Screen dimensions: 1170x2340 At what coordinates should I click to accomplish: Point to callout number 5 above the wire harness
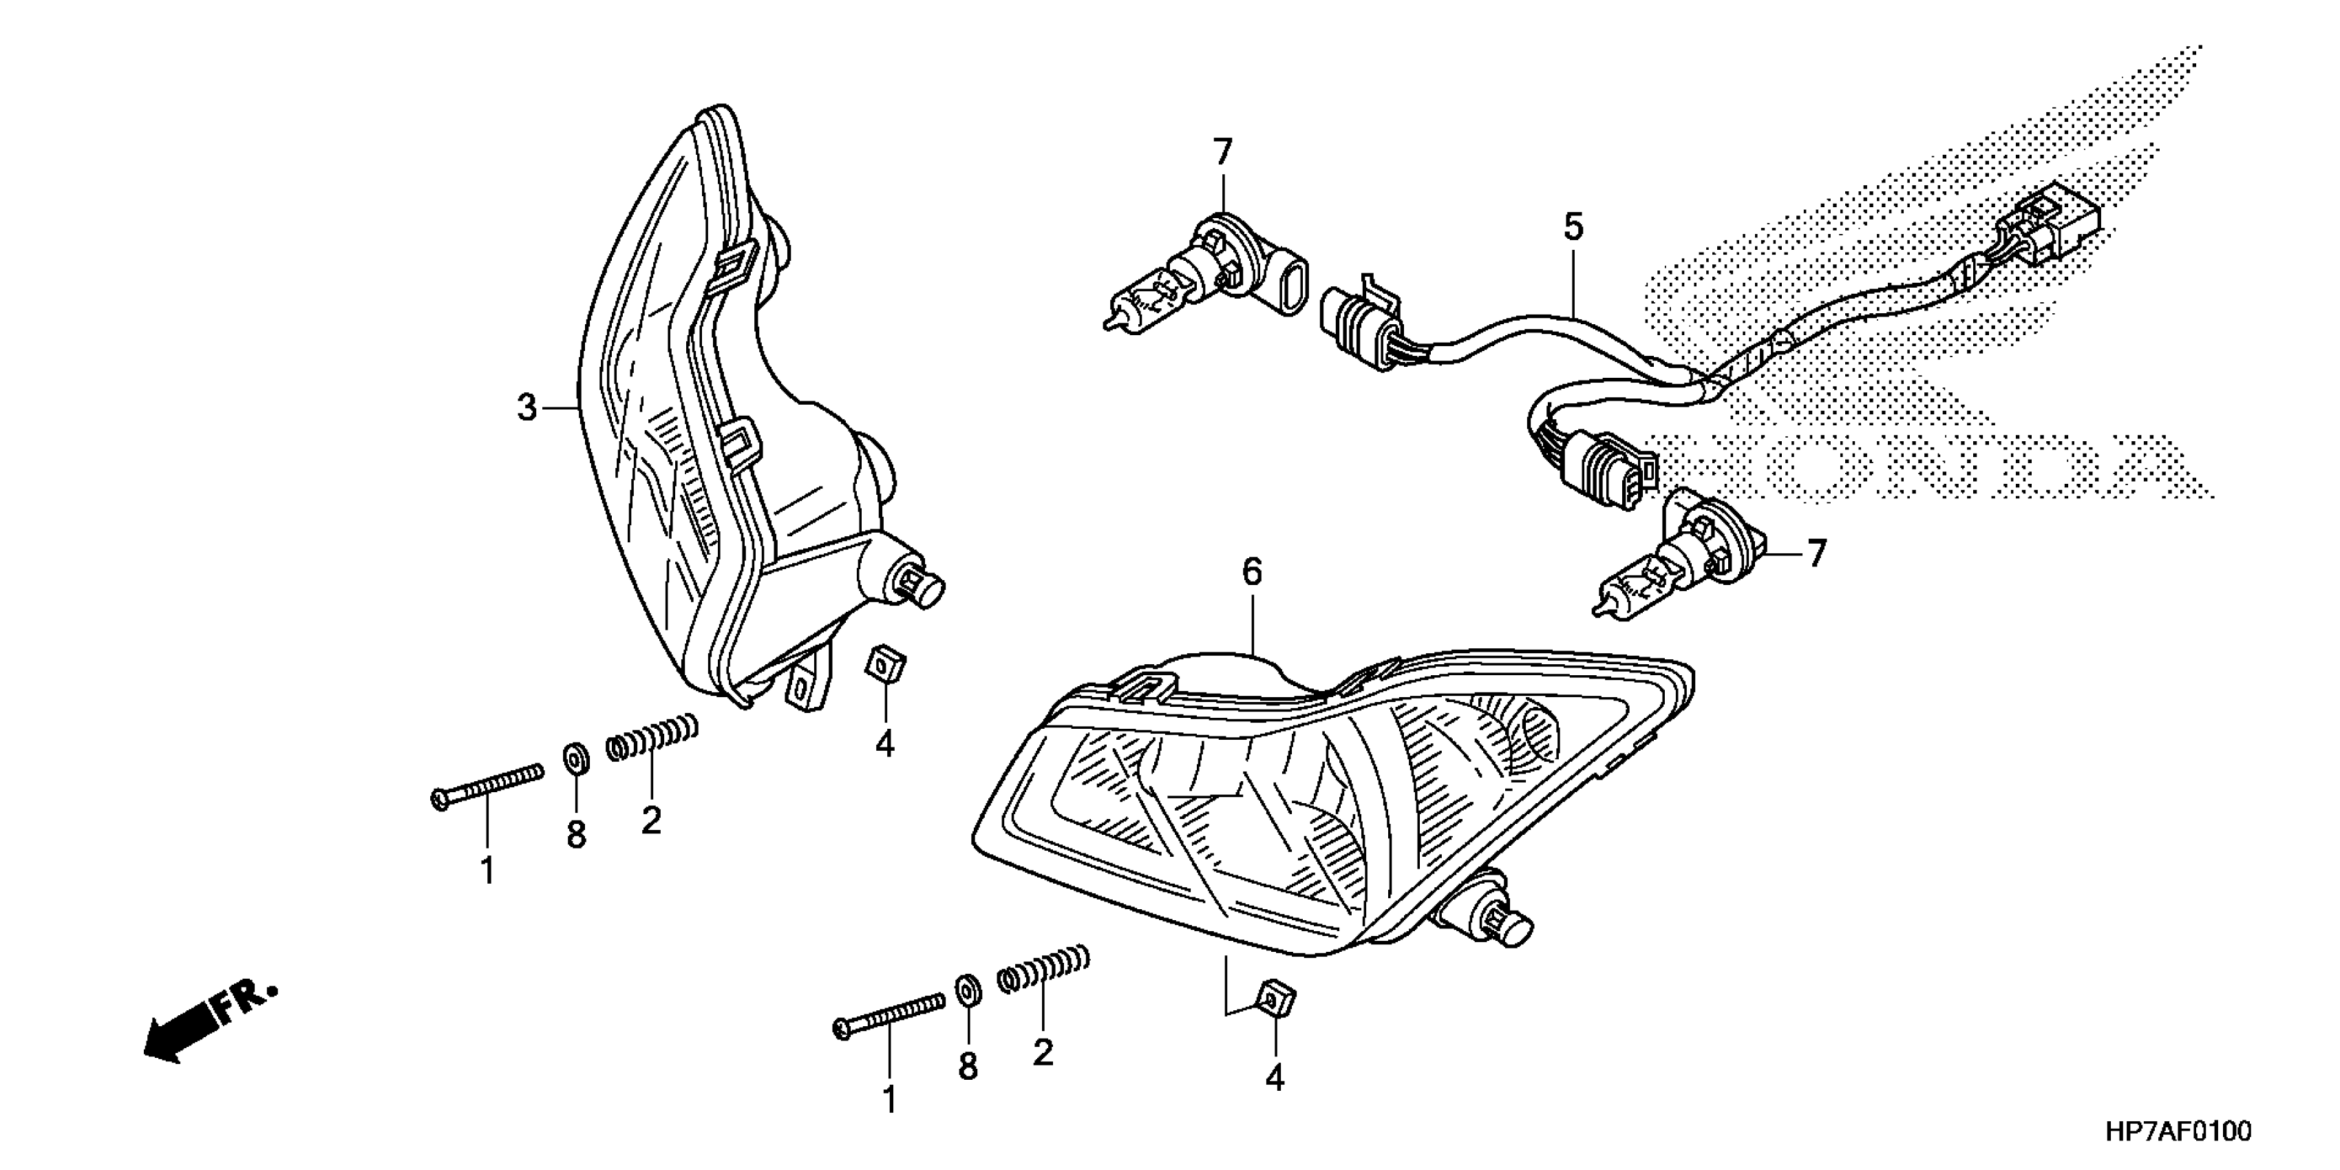point(1573,227)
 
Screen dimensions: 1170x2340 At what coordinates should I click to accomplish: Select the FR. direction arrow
point(209,1020)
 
